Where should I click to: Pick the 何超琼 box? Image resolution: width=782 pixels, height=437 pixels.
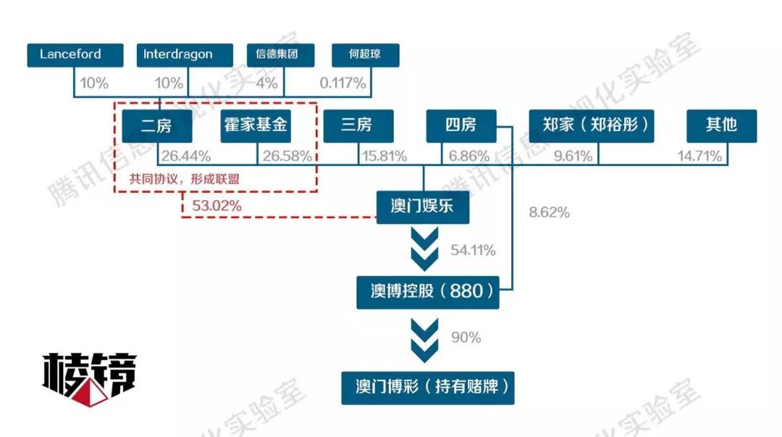coord(365,55)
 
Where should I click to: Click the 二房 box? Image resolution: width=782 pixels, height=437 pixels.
coord(156,126)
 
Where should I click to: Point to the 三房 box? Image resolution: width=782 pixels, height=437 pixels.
coord(358,126)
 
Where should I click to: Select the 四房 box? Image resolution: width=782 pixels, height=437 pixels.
coord(461,126)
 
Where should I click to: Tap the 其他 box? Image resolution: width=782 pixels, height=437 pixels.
coord(721,126)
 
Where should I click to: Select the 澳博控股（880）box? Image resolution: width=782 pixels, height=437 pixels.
coord(428,291)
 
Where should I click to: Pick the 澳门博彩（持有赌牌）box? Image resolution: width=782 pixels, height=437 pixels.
coord(428,388)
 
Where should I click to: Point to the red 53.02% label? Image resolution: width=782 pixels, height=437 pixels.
coord(216,206)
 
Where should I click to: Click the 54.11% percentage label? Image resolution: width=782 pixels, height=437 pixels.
coord(473,251)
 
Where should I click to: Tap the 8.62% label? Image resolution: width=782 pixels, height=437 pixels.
coord(550,212)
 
